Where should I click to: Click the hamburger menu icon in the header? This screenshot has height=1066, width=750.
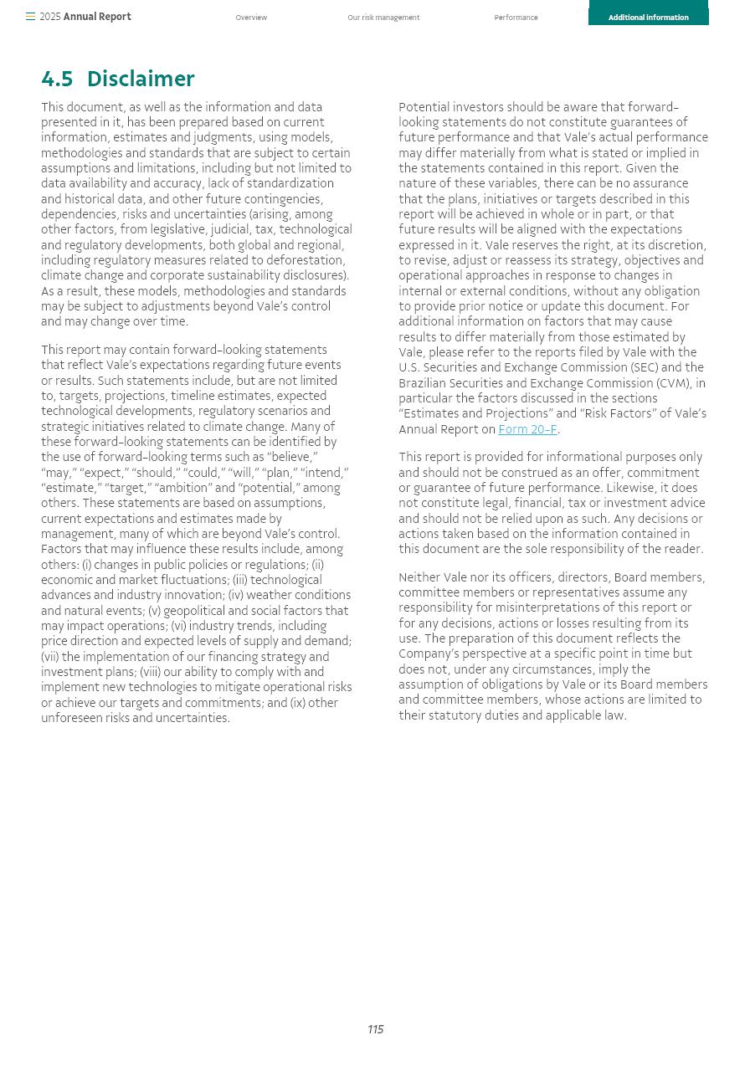point(30,17)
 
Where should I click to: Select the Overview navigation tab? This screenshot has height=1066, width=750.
point(251,18)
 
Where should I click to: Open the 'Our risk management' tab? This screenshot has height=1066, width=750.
point(383,18)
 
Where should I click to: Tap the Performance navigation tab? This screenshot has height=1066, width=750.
point(516,18)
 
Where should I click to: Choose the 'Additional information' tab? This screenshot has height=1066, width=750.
point(648,18)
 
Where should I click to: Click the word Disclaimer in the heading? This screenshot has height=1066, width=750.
point(141,79)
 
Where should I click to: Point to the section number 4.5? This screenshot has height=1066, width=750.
point(57,79)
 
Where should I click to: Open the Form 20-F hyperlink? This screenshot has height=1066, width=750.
point(527,429)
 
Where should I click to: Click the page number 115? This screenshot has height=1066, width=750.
point(375,1029)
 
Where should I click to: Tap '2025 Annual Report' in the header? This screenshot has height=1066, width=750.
point(85,17)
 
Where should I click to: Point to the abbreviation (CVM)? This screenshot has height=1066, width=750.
point(674,383)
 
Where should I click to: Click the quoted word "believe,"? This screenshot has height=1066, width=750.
point(292,457)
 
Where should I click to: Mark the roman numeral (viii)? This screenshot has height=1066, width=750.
point(151,672)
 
